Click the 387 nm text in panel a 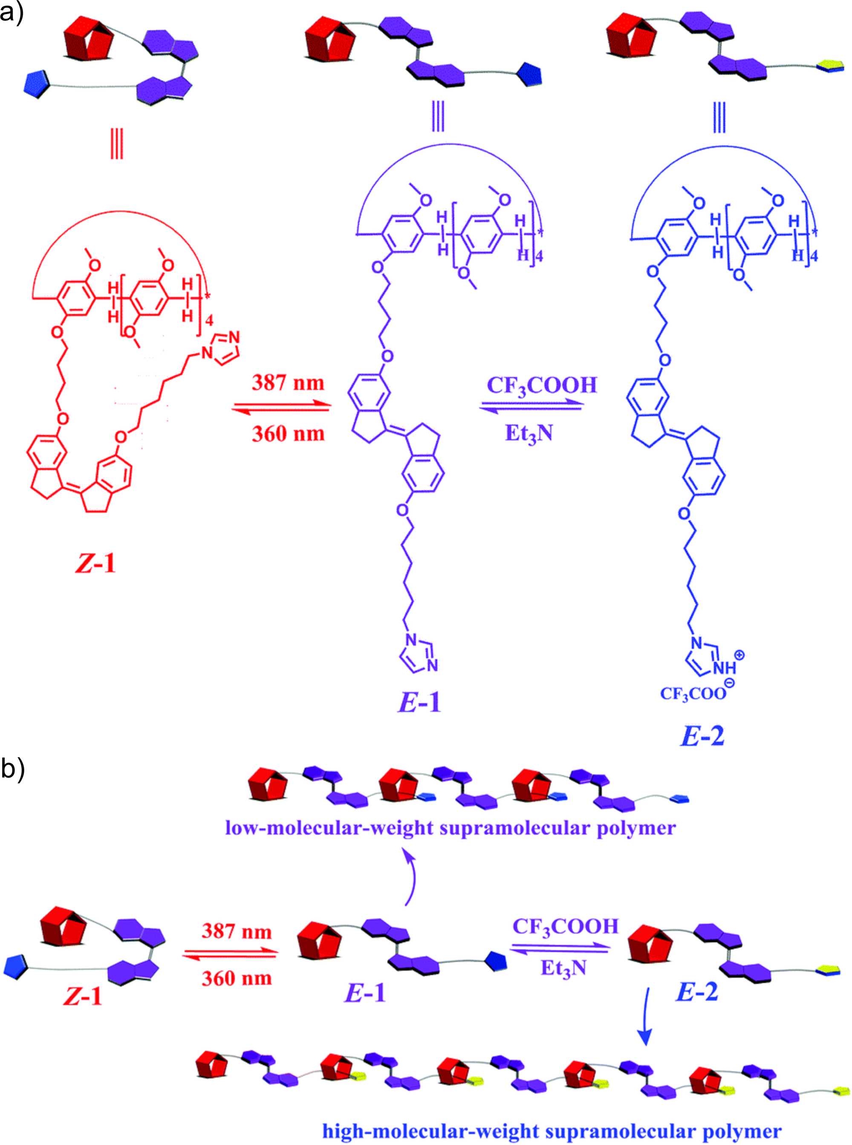coord(288,383)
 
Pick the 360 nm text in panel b coord(237,978)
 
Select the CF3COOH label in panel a coord(542,385)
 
